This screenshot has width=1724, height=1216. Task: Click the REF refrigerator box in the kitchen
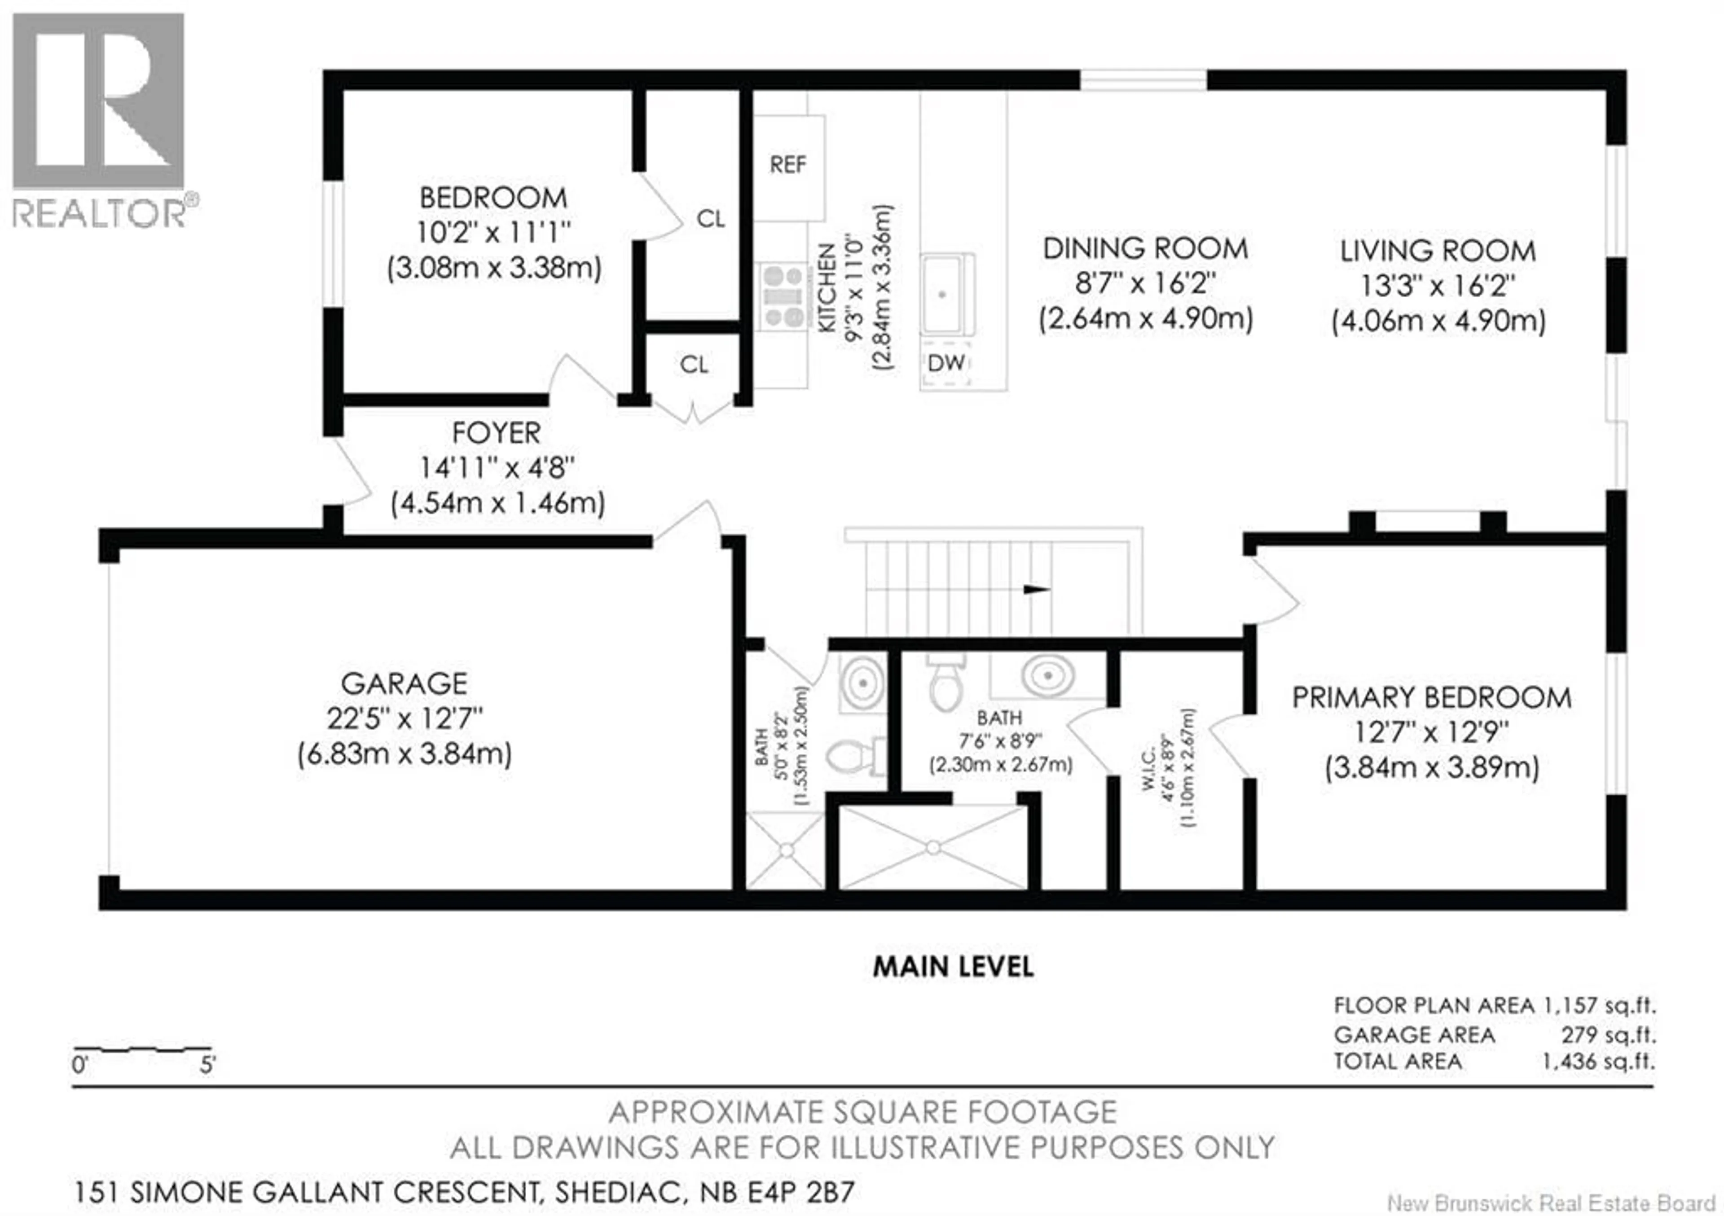point(788,166)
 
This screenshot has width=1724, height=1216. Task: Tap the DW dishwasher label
point(946,364)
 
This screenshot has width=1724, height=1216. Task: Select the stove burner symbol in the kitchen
point(783,297)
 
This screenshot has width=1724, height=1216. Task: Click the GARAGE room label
point(404,683)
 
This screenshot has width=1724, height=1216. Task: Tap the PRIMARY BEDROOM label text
point(1431,698)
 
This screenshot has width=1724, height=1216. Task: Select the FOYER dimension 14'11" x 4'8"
point(497,468)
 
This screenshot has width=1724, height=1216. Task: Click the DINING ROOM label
point(1145,249)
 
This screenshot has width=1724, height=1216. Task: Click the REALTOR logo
point(99,120)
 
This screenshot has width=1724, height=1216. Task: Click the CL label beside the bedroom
point(710,219)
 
